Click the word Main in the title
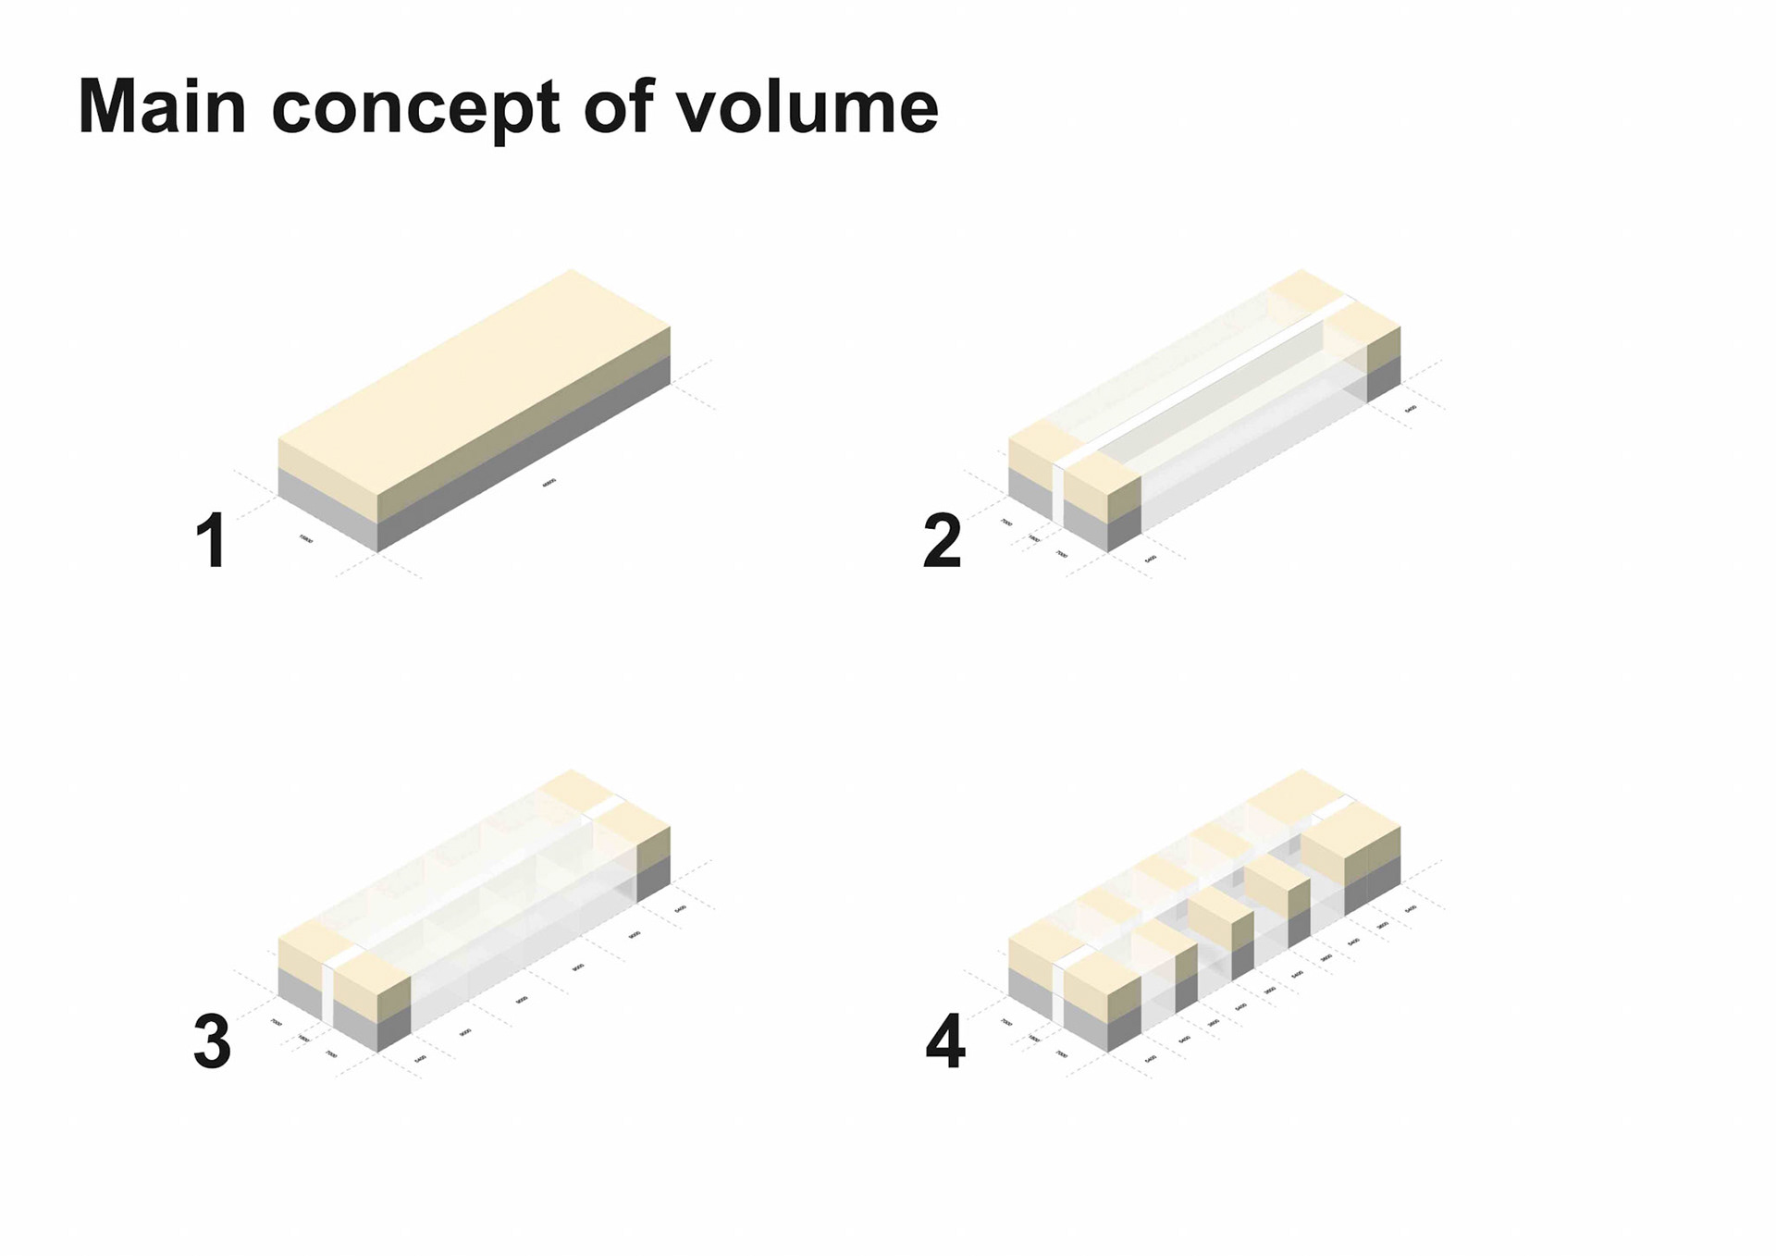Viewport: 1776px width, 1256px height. [162, 107]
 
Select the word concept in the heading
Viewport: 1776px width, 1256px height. [417, 110]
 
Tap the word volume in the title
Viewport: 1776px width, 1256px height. [807, 107]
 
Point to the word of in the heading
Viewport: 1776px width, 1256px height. [618, 107]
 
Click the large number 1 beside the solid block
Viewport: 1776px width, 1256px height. [212, 540]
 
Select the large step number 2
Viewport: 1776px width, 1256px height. [943, 540]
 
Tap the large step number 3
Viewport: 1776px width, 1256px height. [212, 1041]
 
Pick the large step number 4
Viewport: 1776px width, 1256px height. [944, 1041]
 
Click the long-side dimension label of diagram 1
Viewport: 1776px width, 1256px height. [549, 482]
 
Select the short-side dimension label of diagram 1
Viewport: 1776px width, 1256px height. [306, 538]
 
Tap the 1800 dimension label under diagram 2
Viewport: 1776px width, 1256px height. [1034, 538]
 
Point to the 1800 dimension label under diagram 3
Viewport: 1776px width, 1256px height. [304, 1039]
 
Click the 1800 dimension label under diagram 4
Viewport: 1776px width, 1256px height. [1034, 1039]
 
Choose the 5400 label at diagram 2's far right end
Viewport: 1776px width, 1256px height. [1411, 408]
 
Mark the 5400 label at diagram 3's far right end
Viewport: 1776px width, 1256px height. [681, 909]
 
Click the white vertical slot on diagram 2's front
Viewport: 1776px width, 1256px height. [1058, 495]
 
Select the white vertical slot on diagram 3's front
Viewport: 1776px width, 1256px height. [327, 994]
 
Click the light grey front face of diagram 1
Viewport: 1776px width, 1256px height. [327, 509]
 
